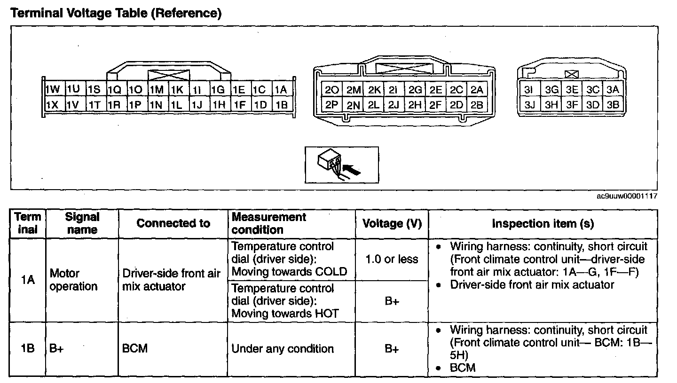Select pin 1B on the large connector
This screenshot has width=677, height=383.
(282, 105)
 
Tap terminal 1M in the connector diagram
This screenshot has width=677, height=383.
(157, 90)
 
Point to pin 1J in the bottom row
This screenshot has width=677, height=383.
(198, 105)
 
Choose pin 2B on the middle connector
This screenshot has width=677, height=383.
(477, 105)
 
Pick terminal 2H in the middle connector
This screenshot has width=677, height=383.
(415, 105)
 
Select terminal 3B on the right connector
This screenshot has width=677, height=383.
(613, 105)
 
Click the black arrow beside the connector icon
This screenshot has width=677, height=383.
(354, 169)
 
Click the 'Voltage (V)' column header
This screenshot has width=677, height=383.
(392, 224)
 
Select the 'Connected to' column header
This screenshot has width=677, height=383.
(173, 223)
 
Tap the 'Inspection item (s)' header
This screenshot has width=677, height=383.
(543, 224)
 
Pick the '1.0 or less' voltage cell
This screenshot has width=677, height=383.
(392, 259)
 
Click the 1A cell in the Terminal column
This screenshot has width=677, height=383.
(28, 280)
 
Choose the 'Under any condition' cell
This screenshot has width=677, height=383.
(283, 349)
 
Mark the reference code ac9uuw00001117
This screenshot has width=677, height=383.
(627, 196)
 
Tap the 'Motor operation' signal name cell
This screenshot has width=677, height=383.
(73, 280)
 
